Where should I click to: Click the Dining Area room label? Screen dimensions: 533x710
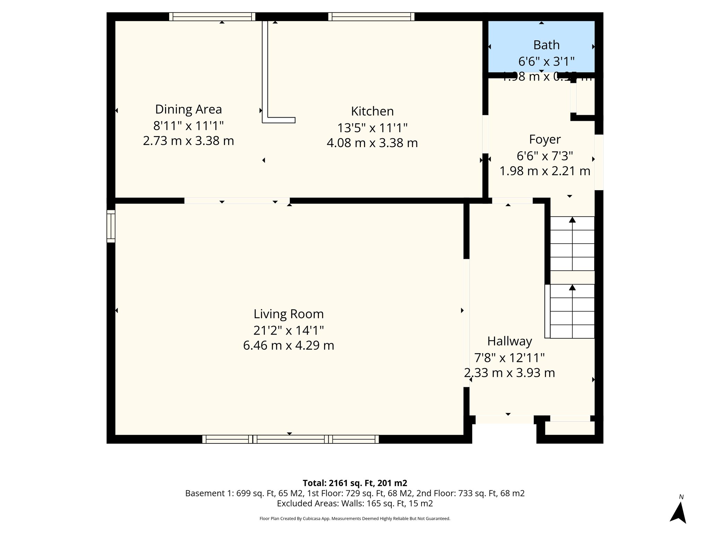(188, 109)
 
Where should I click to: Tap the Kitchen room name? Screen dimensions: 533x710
(372, 111)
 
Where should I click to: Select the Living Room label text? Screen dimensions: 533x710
(288, 314)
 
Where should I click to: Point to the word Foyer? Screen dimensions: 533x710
(545, 139)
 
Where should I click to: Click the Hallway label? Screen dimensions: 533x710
(509, 341)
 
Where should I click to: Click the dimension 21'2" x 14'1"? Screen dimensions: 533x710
(288, 330)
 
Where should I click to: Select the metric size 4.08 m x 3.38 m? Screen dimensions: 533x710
(372, 143)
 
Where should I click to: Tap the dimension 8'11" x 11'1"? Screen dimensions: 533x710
(188, 125)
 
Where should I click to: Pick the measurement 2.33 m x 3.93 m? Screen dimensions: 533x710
(509, 373)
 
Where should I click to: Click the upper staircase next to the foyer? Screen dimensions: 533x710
(572, 244)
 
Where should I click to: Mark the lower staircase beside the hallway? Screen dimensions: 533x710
(572, 311)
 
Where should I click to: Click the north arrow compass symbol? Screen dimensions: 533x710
(678, 511)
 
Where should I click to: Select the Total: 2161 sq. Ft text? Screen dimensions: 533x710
(355, 483)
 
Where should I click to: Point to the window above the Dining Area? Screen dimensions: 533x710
(212, 17)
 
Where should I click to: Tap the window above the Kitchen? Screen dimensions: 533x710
(371, 17)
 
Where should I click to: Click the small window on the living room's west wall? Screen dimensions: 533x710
(111, 226)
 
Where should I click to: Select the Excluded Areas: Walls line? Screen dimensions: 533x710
(355, 504)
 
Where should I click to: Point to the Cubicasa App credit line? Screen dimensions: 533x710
(355, 519)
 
